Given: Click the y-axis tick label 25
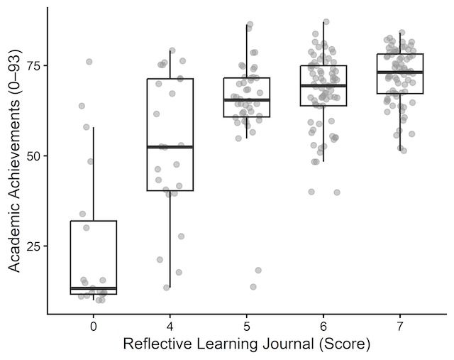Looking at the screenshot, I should [x=32, y=246].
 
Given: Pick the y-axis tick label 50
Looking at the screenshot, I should [x=32, y=156].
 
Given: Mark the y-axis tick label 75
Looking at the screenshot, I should [x=32, y=66].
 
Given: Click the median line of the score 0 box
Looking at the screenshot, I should [x=94, y=288].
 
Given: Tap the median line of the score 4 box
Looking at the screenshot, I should [x=170, y=146].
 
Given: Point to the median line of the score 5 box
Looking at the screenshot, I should [x=247, y=100].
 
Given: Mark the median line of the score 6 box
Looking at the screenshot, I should [x=323, y=85].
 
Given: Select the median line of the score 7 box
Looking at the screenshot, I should [x=400, y=72].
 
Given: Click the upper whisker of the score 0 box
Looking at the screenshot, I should [x=94, y=174].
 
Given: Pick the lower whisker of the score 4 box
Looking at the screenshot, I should [x=170, y=239].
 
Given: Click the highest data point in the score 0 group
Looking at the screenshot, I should [x=89, y=62].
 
